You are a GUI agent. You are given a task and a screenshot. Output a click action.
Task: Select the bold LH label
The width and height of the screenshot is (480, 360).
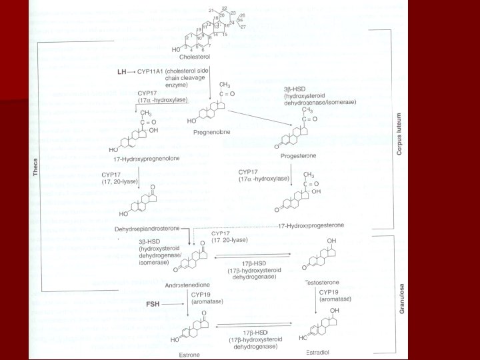coord(122,70)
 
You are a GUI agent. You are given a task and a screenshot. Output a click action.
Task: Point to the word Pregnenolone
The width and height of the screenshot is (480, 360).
coord(212,132)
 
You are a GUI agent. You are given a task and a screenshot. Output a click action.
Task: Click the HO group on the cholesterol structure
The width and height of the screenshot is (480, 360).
coord(176,49)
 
